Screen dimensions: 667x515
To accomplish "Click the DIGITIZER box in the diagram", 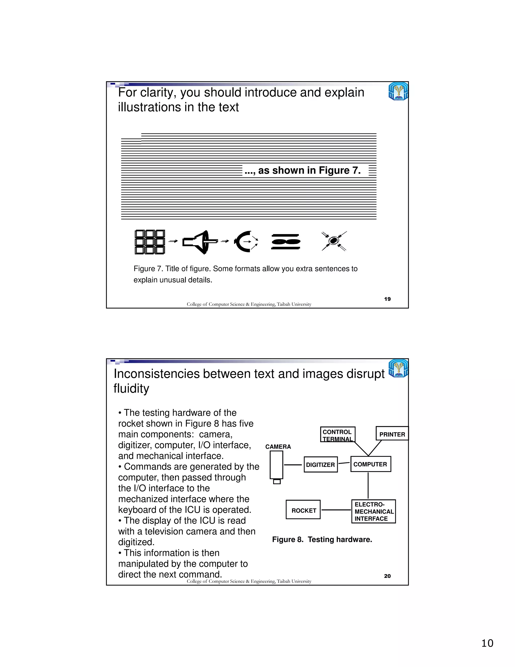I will pos(321,465).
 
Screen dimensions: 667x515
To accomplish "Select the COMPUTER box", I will pos(370,464).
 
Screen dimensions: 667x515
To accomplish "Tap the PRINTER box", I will pos(392,434).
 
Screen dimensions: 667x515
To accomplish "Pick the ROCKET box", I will pos(303,510).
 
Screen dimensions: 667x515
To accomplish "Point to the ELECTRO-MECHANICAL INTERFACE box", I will pos(373,511).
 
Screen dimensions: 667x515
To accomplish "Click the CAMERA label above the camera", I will pos(278,447).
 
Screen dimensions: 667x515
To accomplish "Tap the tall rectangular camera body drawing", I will pos(276,465).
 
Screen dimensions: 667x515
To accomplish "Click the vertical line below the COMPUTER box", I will pos(368,485).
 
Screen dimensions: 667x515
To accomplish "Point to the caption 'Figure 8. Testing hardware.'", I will pos(322,539).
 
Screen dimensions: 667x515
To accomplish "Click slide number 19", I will pos(387,299).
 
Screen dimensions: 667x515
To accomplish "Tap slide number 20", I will pos(387,576).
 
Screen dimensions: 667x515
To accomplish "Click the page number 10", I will pos(487,643).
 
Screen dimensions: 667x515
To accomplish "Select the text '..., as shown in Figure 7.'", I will pos(303,170).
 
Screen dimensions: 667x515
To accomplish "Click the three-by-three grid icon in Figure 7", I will pos(150,242).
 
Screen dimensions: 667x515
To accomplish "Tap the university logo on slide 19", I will pos(398,91).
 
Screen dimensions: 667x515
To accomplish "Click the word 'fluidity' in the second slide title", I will pos(132,388).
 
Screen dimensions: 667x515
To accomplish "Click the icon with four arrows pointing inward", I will pos(334,241).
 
